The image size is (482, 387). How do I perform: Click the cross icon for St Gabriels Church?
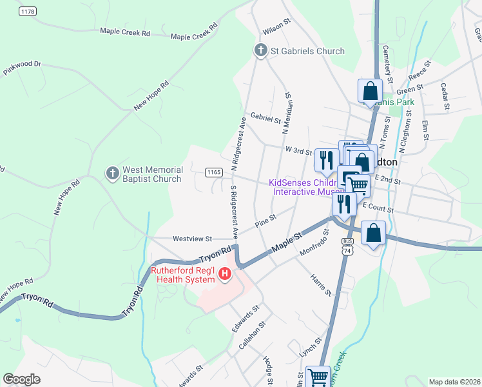[261, 51]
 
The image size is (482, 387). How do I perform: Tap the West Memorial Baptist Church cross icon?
[113, 174]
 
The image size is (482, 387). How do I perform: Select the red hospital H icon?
[225, 274]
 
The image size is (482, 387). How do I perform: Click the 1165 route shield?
[214, 172]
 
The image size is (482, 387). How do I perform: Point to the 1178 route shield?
[27, 12]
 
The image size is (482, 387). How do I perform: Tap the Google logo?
[22, 379]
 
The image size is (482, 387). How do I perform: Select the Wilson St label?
[277, 31]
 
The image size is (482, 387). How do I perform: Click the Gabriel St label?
[265, 119]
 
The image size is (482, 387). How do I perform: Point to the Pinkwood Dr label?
[22, 64]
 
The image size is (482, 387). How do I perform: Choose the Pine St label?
[265, 221]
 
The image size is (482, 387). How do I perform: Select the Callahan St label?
[247, 335]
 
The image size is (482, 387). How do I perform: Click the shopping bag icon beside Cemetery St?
[371, 92]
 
